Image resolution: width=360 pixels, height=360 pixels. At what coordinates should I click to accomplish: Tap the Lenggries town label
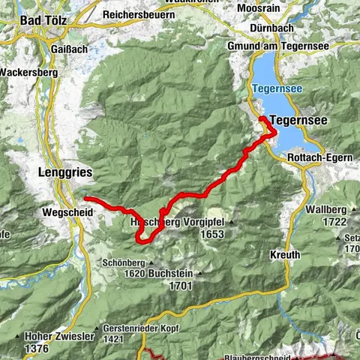(x=64, y=172)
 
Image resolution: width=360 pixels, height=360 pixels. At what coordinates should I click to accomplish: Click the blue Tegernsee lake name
(x=277, y=88)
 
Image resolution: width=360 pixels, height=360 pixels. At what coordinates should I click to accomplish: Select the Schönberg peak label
(x=124, y=263)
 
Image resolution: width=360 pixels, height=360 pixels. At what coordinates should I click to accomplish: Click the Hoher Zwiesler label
(x=58, y=337)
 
